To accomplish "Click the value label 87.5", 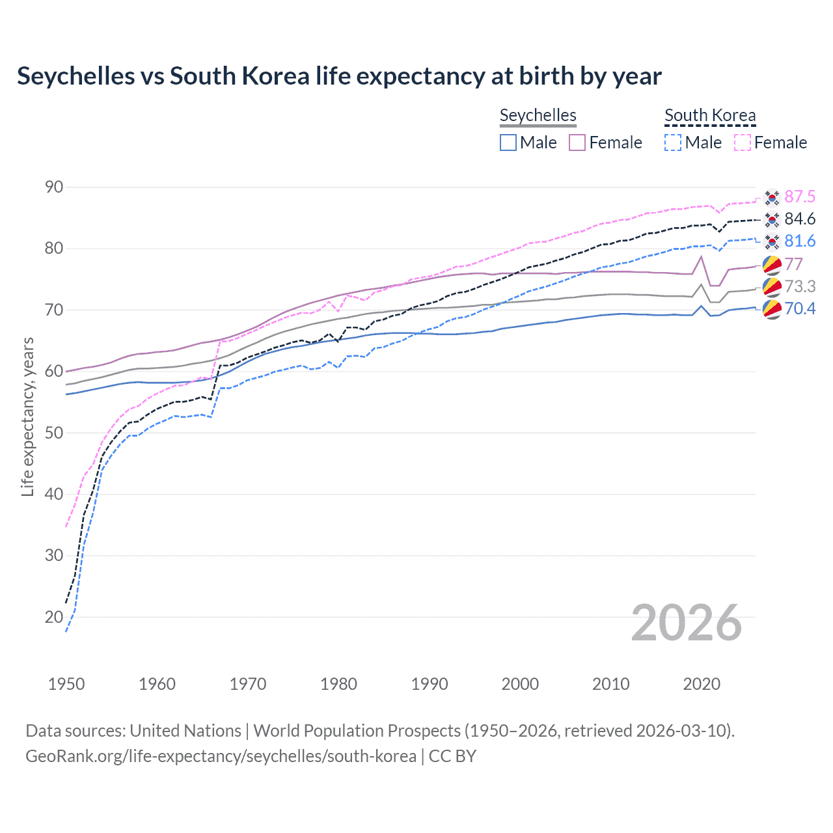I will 800,197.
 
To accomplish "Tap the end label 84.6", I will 800,219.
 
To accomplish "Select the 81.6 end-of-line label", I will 800,241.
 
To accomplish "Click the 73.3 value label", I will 800,286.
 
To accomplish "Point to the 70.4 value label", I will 800,308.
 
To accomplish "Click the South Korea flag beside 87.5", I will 772,197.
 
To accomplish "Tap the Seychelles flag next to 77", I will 772,265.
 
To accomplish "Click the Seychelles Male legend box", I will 508,143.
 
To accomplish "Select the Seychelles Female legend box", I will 577,143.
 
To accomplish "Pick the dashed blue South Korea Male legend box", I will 673,143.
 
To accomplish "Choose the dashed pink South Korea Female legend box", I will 743,143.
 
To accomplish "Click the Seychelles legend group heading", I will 538,115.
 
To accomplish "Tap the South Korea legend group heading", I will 710,115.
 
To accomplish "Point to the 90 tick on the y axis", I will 54,187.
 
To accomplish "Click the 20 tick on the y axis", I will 54,617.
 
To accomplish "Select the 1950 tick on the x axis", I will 66,684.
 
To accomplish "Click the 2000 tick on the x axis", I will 520,684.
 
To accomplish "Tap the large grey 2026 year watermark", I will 687,623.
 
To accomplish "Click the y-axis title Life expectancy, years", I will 27,416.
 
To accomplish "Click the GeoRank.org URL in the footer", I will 221,756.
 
